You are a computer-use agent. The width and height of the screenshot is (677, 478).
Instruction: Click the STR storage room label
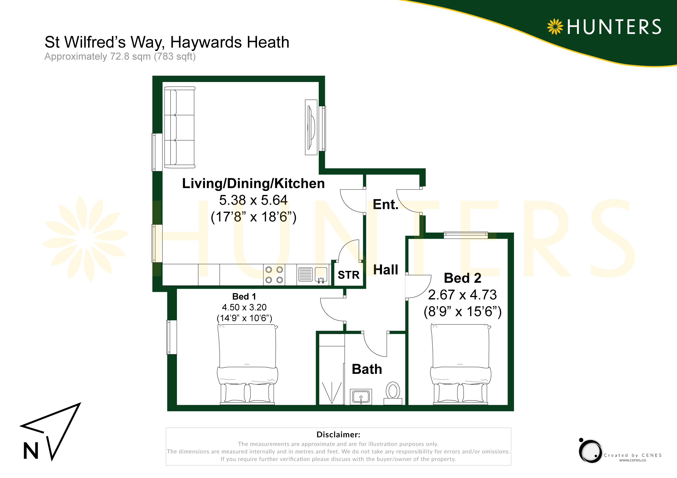coord(349,275)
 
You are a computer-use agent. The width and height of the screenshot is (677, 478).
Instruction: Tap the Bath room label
coord(367,369)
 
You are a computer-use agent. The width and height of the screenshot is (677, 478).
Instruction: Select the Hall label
coord(386,270)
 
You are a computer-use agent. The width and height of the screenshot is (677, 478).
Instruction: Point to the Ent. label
coord(386,204)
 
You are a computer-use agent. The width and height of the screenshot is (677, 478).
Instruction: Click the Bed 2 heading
coord(463,278)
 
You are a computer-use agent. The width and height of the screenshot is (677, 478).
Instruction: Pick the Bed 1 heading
coord(244,296)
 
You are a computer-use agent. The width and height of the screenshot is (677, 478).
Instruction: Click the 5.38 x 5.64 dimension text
coord(253,200)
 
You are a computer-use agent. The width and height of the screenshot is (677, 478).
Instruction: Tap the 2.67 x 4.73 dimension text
coord(462,295)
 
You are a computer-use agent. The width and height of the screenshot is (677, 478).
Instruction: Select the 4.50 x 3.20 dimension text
coord(244,307)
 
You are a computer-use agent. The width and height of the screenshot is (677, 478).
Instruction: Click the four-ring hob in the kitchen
coord(274,275)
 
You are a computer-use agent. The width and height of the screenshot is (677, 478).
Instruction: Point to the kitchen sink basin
coord(321,275)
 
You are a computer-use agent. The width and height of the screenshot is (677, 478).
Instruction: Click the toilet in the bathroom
coord(393,393)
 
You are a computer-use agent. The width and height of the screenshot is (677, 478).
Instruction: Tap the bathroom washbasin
coord(361,397)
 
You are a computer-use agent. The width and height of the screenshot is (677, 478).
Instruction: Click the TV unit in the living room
coord(311,127)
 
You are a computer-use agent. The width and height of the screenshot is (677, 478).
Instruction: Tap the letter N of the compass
coord(31,451)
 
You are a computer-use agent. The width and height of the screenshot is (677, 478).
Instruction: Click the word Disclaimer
coord(338,435)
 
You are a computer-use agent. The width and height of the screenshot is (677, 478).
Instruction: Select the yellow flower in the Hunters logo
coord(555,27)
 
